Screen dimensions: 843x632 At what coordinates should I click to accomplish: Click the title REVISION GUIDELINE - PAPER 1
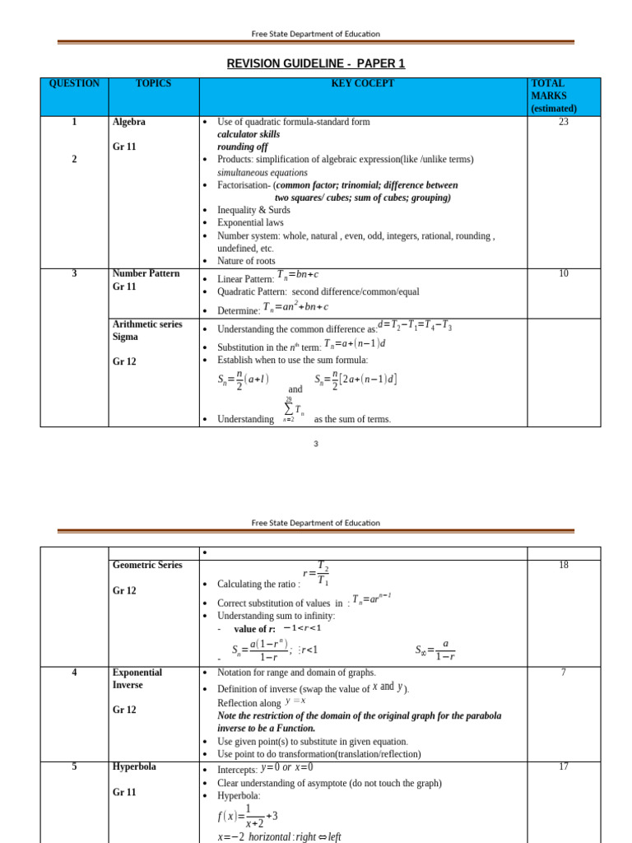tap(316, 63)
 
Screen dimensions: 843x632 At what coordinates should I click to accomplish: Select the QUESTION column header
tap(74, 84)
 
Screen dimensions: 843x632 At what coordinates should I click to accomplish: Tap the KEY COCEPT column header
tap(362, 84)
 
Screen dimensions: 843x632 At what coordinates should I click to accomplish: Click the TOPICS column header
tap(153, 84)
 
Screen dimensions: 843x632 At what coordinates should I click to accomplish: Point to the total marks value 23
tap(563, 122)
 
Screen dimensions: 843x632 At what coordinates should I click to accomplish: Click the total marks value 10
tap(563, 273)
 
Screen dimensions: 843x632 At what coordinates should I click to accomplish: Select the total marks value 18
tap(563, 565)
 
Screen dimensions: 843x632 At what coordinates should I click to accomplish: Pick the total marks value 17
tap(563, 766)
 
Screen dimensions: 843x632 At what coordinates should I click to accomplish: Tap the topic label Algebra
tap(129, 122)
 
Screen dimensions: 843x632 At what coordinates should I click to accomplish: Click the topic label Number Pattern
tap(146, 273)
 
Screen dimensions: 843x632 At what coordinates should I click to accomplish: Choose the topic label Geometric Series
tap(147, 565)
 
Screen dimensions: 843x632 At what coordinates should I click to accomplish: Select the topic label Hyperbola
tap(134, 766)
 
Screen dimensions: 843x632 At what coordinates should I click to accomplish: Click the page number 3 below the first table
tap(315, 444)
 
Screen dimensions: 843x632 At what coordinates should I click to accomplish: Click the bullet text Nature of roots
tap(246, 261)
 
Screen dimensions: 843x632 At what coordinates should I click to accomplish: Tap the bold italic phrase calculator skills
tap(249, 134)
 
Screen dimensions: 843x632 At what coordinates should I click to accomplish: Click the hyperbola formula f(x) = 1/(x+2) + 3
tap(248, 817)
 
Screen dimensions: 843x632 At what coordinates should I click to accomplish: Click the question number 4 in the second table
tap(74, 673)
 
